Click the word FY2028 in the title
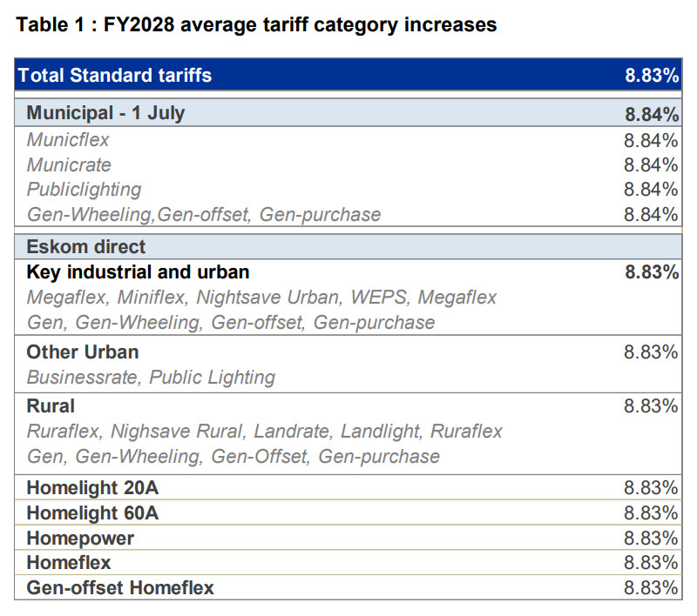pyautogui.click(x=139, y=24)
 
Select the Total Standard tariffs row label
pyautogui.click(x=115, y=75)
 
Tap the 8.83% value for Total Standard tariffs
pyautogui.click(x=652, y=75)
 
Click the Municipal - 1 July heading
pyautogui.click(x=105, y=113)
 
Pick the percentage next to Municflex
pyautogui.click(x=651, y=140)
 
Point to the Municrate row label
pyautogui.click(x=69, y=165)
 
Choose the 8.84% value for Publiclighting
pyautogui.click(x=651, y=190)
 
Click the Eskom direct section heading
pyautogui.click(x=85, y=247)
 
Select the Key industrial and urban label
pyautogui.click(x=138, y=272)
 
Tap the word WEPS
pyautogui.click(x=379, y=298)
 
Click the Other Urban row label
pyautogui.click(x=83, y=352)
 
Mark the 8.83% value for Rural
pyautogui.click(x=651, y=405)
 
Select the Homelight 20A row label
pyautogui.click(x=92, y=488)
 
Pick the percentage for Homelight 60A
pyautogui.click(x=651, y=513)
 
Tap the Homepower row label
pyautogui.click(x=80, y=539)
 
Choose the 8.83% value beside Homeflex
pyautogui.click(x=651, y=563)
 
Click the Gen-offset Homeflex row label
pyautogui.click(x=120, y=587)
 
